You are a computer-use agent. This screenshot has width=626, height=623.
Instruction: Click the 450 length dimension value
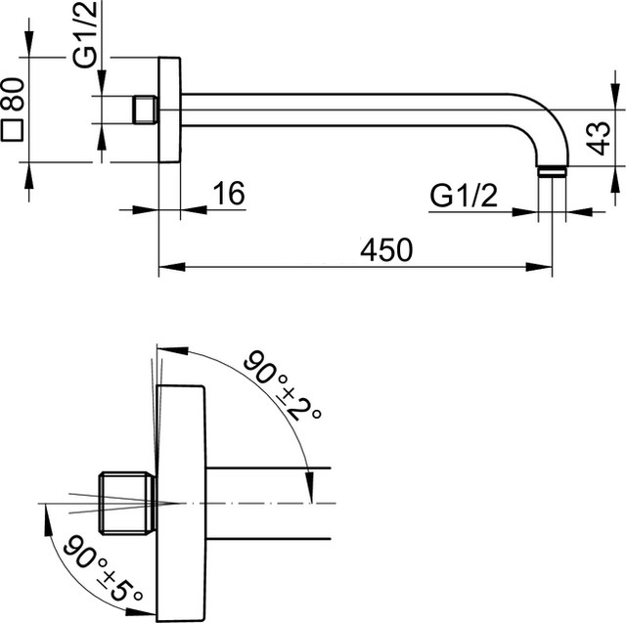coord(386,249)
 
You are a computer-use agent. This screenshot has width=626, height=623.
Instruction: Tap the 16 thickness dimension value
coord(228,194)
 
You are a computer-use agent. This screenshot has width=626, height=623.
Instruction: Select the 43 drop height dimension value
coord(600,138)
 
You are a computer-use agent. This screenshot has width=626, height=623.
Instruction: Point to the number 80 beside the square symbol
coord(13,95)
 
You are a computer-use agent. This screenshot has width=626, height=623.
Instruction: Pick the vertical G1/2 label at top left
coord(85,34)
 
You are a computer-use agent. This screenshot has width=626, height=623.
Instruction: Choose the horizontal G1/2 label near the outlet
coord(464,196)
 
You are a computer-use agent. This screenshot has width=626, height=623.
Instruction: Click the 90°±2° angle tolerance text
coord(283,385)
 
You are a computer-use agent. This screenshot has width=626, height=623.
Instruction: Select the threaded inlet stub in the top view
coord(145,110)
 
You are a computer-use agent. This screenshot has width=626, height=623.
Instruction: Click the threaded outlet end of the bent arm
coord(552,171)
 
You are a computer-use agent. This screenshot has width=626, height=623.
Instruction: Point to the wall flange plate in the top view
coord(169,110)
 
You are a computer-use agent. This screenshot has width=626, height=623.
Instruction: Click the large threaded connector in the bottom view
coord(127,503)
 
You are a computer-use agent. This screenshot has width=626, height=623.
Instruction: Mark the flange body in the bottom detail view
coord(181,504)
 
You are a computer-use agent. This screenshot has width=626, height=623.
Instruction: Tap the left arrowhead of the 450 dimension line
coord(172,267)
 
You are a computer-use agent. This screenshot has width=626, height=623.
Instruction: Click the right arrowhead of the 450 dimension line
coord(539,267)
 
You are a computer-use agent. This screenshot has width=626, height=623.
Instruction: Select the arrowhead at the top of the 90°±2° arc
coord(172,350)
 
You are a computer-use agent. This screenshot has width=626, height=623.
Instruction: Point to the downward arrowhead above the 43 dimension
coord(616,96)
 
